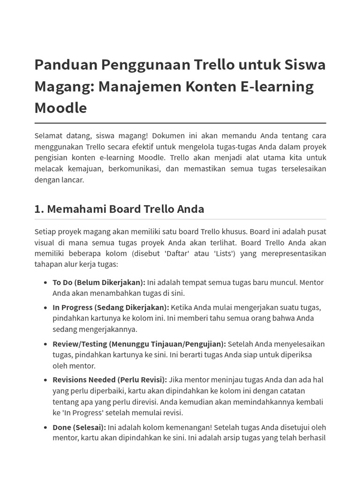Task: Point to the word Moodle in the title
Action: point(60,108)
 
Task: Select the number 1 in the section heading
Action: point(38,209)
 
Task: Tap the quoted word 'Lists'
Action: point(229,254)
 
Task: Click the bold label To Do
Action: point(62,282)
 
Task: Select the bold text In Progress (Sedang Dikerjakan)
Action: point(111,307)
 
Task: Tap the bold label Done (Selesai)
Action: point(79,427)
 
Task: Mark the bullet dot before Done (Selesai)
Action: point(45,427)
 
